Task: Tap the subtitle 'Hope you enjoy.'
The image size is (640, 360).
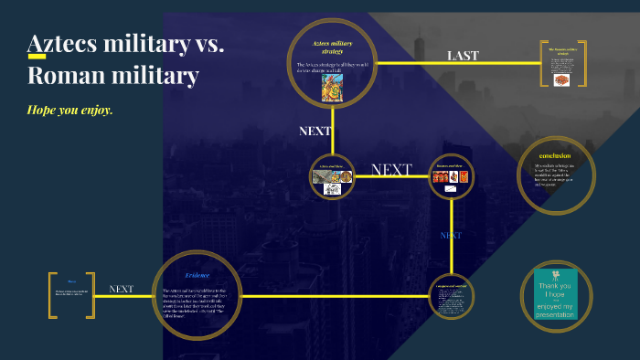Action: (x=69, y=110)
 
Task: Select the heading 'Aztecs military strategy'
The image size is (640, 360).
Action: (x=333, y=48)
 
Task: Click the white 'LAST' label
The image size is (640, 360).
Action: (x=463, y=56)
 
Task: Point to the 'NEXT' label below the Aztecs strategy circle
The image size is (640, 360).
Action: (x=315, y=131)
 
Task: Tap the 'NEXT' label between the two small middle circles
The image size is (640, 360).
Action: (x=391, y=170)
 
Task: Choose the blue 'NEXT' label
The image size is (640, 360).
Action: (x=451, y=235)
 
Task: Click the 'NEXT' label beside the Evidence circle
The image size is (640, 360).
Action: (x=122, y=289)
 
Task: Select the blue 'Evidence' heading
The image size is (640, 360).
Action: (x=197, y=275)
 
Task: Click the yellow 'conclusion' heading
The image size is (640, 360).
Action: (x=555, y=154)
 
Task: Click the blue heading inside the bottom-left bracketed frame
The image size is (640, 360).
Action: (x=71, y=281)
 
